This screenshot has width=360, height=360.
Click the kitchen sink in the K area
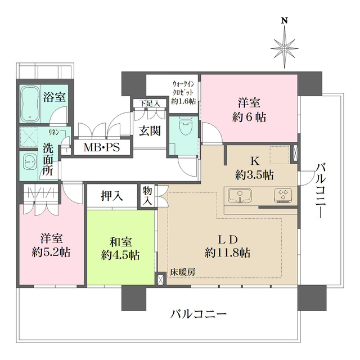click(240, 196)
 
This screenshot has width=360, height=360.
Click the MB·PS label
click(101, 148)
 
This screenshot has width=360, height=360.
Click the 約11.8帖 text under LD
click(228, 253)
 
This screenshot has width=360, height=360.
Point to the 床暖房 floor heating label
click(184, 273)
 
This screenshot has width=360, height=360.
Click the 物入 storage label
click(148, 196)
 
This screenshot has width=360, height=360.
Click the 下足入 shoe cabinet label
click(150, 103)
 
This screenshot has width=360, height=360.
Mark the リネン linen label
click(55, 132)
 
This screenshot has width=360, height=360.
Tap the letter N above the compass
click(285, 21)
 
